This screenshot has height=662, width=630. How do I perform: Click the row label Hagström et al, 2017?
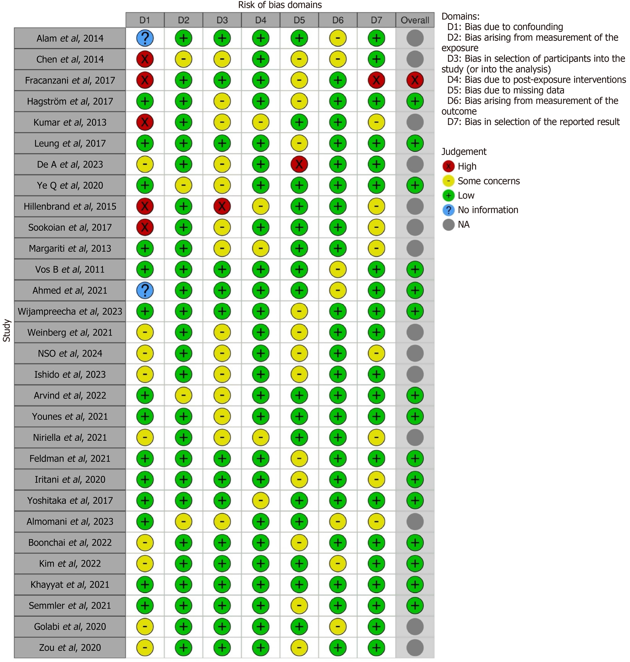point(70,101)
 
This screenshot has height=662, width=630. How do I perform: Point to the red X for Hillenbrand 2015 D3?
point(222,206)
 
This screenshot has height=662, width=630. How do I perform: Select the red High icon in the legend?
point(448,166)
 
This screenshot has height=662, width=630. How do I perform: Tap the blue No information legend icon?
point(448,210)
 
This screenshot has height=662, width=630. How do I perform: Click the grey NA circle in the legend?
point(448,224)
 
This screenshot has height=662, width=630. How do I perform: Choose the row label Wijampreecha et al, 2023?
point(70,311)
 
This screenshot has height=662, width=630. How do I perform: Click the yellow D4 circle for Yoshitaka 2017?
point(261,500)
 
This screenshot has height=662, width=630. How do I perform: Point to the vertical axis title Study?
point(7,330)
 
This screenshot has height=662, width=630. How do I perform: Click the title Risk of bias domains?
point(280,5)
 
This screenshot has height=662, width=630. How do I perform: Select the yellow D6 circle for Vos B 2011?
point(338,269)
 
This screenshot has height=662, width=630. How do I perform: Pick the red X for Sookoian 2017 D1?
point(145,227)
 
